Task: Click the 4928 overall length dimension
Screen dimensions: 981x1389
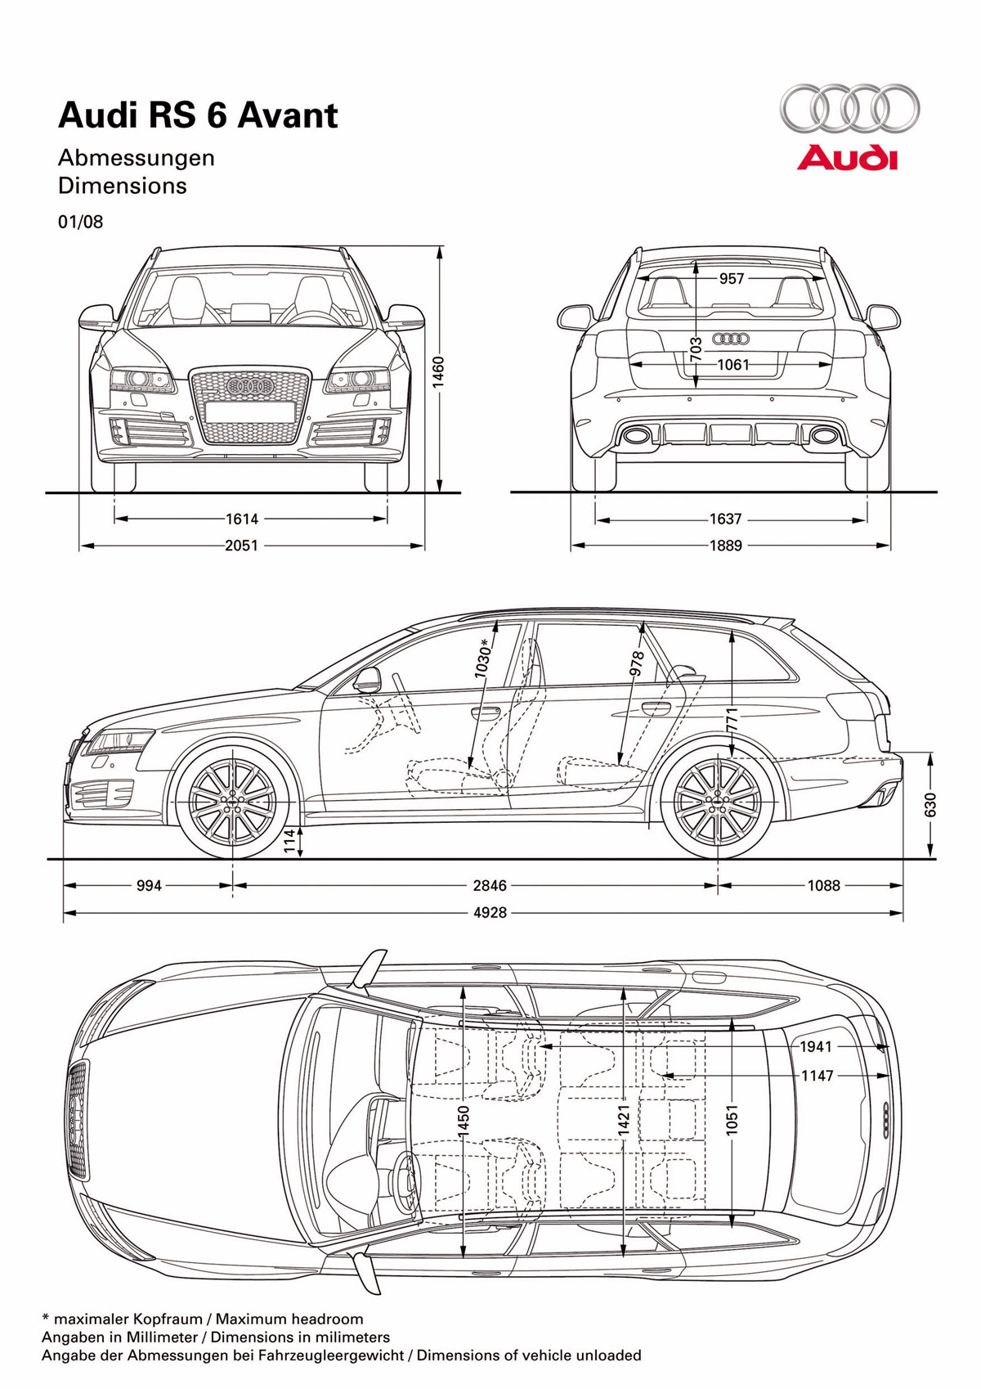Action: click(x=490, y=913)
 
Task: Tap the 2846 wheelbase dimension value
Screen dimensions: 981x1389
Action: click(x=490, y=885)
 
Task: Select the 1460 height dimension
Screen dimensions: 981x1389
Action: click(x=439, y=371)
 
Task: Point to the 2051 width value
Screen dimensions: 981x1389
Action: click(x=242, y=546)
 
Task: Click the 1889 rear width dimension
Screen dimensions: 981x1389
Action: click(x=726, y=546)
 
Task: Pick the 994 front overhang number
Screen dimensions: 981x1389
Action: click(x=150, y=885)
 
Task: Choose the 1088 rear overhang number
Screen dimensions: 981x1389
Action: click(x=823, y=885)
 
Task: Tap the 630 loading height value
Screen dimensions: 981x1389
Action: click(x=930, y=804)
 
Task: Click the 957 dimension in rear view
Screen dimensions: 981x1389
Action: click(x=732, y=279)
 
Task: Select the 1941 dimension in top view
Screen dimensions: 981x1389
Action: click(x=816, y=1047)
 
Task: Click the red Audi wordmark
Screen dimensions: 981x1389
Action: click(x=847, y=158)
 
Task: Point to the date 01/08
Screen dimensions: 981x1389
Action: click(x=81, y=222)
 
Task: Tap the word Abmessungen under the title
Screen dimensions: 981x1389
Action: click(x=137, y=158)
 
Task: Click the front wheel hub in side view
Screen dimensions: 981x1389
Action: click(x=232, y=801)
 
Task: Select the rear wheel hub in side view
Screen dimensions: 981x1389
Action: click(x=718, y=801)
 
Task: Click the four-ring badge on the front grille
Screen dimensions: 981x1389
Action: click(x=249, y=385)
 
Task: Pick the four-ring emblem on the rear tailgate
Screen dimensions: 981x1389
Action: click(x=732, y=339)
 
